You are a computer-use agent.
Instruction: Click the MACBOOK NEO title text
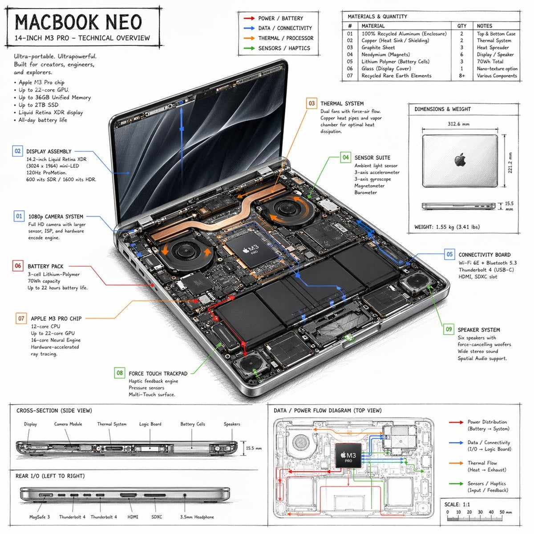click(x=78, y=22)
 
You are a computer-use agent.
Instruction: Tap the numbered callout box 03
click(x=311, y=103)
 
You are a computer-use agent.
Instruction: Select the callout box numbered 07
click(x=21, y=318)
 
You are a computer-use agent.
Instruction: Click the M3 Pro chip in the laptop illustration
click(x=251, y=250)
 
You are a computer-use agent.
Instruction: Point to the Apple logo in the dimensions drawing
click(x=460, y=160)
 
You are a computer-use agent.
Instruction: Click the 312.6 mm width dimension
click(x=458, y=124)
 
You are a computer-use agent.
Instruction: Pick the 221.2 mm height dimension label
click(x=510, y=163)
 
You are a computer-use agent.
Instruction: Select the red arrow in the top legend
click(x=249, y=18)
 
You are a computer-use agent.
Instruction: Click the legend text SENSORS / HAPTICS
click(x=284, y=48)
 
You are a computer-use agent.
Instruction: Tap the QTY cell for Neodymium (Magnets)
click(x=461, y=54)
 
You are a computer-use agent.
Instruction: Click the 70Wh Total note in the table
click(x=490, y=61)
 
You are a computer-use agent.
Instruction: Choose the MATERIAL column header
click(x=373, y=26)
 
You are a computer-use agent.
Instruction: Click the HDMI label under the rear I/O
click(x=133, y=517)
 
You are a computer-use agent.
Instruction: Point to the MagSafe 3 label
click(x=40, y=517)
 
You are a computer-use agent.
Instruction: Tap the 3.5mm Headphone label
click(x=197, y=517)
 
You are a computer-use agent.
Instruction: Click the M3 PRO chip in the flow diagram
click(x=348, y=455)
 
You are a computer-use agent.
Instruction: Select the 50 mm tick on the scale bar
click(x=502, y=512)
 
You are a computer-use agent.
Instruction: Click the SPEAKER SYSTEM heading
click(x=478, y=330)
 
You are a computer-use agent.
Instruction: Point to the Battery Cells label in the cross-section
click(x=193, y=424)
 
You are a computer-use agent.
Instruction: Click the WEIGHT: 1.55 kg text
click(x=446, y=227)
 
